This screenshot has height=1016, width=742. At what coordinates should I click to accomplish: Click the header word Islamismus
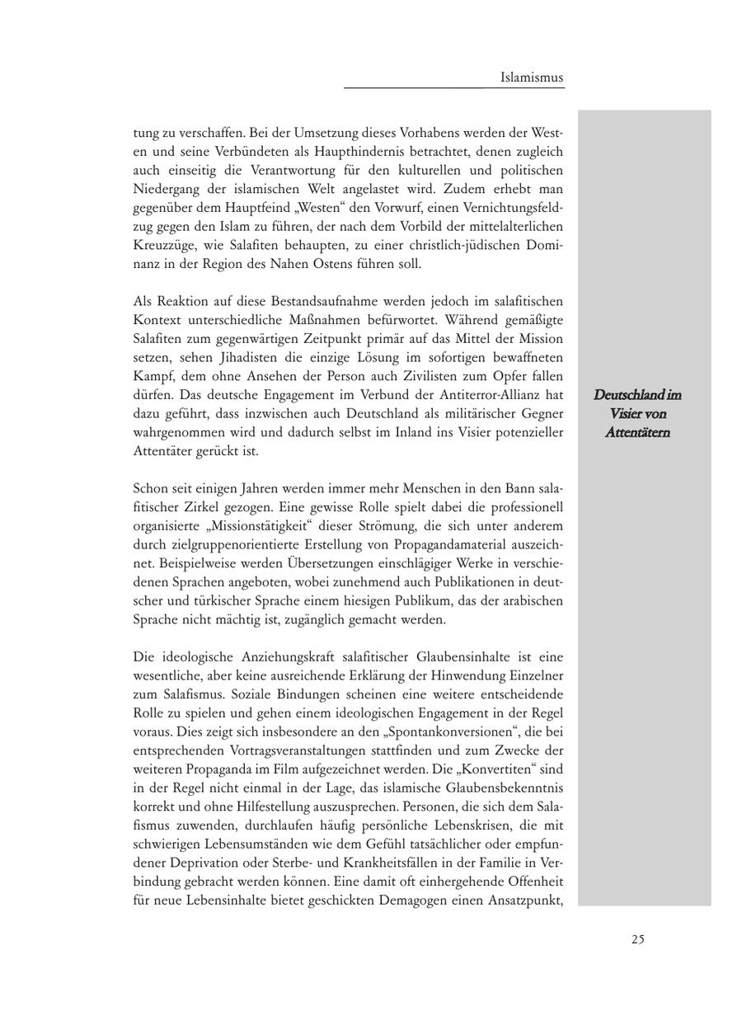[x=532, y=78]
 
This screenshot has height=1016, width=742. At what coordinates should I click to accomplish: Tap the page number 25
[x=638, y=938]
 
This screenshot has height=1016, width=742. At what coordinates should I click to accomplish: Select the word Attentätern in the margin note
[x=637, y=432]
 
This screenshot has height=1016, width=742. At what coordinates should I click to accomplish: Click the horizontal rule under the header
[x=454, y=87]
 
